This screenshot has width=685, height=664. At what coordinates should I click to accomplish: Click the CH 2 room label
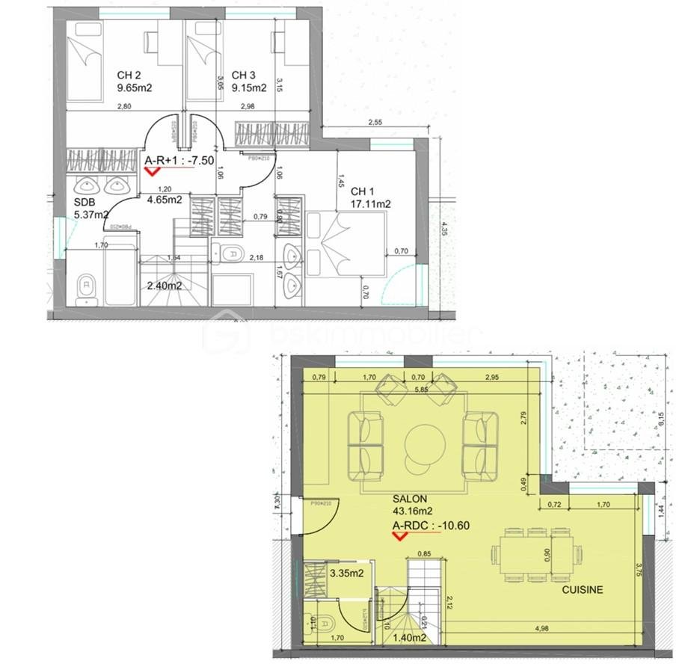tap(129, 75)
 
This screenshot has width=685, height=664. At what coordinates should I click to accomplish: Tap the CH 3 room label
tap(244, 75)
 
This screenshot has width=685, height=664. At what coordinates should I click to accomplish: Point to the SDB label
tap(84, 202)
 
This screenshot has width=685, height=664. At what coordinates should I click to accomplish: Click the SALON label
tap(410, 499)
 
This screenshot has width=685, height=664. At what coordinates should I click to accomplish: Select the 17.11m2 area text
tap(372, 203)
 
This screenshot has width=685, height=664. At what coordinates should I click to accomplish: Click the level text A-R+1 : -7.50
tap(179, 159)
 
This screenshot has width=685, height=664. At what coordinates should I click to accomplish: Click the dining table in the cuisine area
tap(535, 555)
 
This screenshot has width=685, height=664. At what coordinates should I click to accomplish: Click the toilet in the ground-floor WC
tap(324, 623)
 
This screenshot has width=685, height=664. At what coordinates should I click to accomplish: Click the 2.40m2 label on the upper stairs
tap(165, 285)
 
